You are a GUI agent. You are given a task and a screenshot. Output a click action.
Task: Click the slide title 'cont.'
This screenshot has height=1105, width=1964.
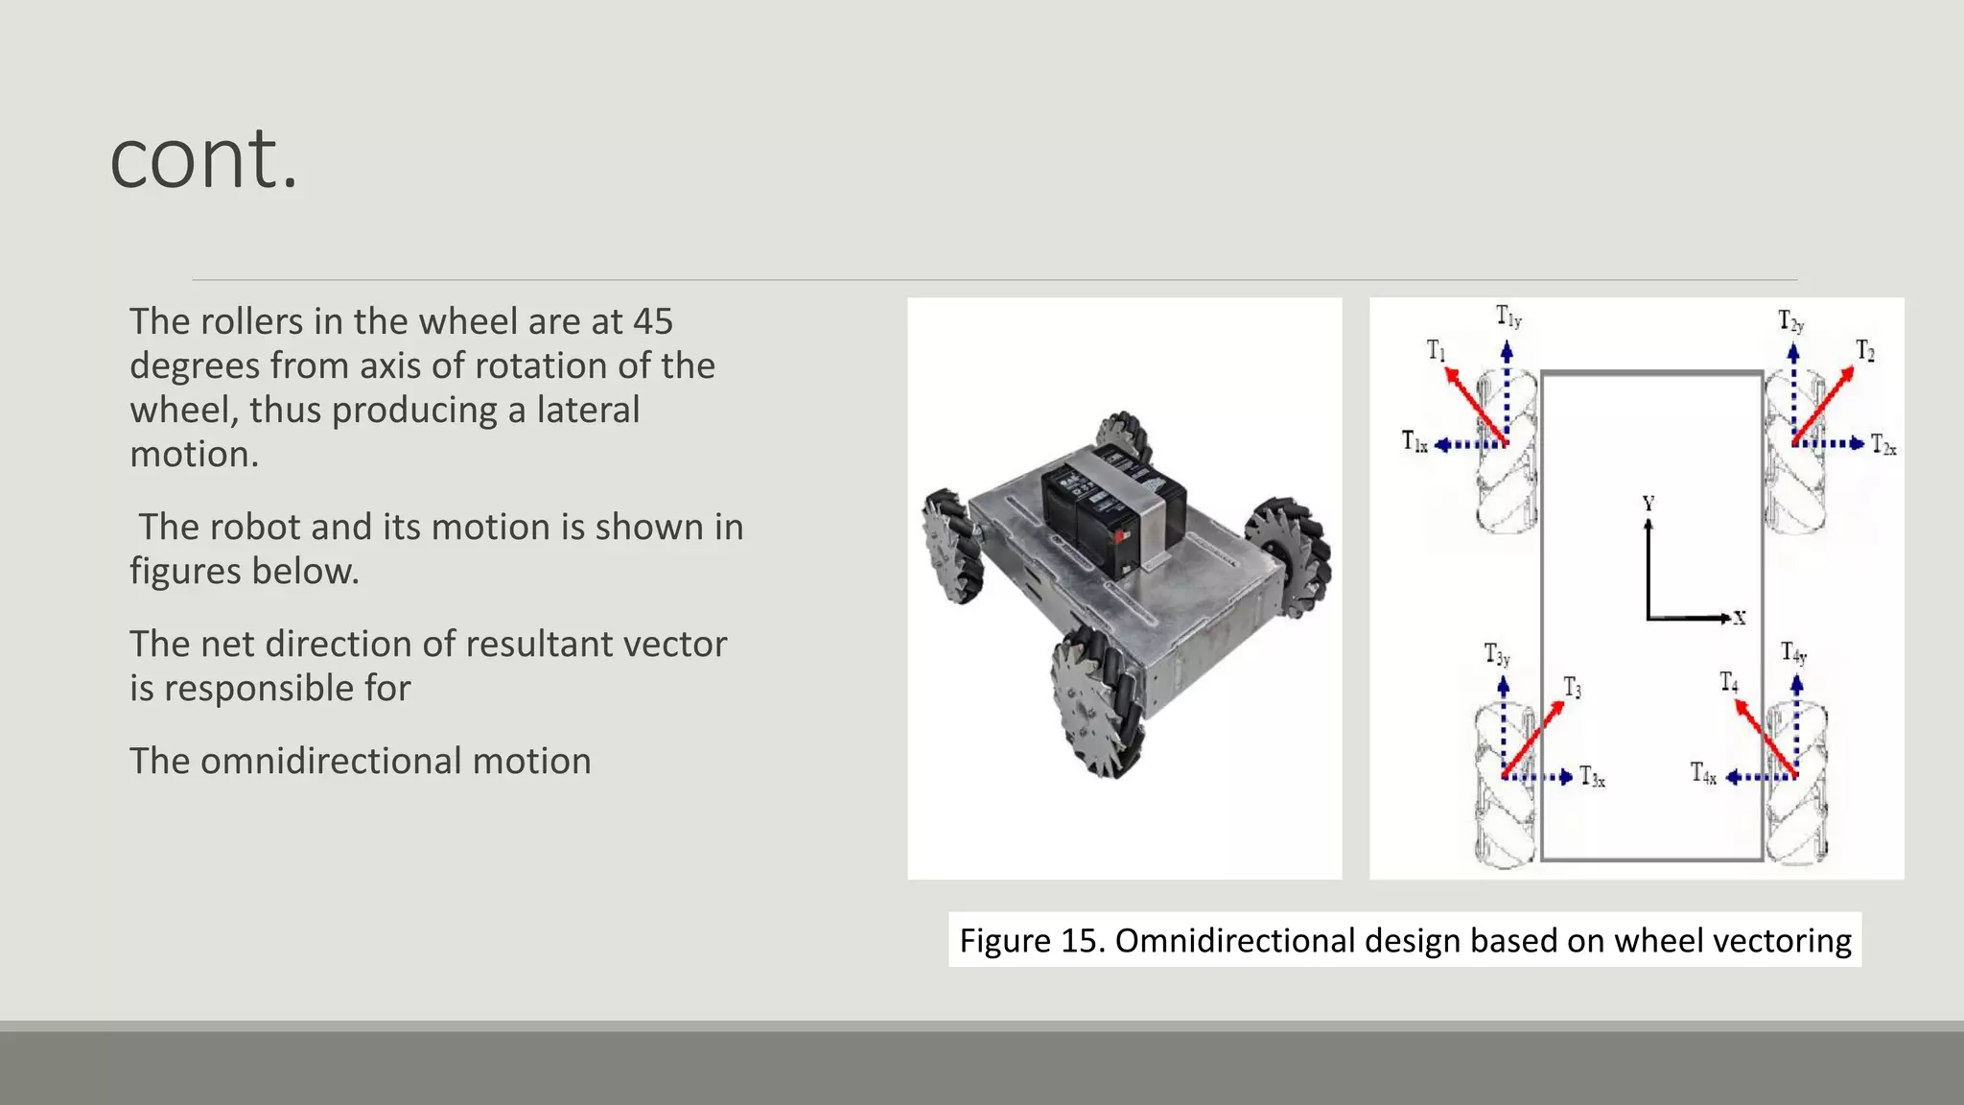[x=204, y=159]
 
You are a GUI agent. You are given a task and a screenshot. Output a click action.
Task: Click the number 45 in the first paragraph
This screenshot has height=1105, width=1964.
[x=652, y=321]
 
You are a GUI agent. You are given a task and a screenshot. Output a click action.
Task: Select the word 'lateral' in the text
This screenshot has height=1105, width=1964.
[x=587, y=410]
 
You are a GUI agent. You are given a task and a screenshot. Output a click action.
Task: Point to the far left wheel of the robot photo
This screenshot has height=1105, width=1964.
[x=952, y=545]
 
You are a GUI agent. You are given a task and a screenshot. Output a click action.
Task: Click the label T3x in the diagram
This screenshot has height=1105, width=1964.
[x=1592, y=776]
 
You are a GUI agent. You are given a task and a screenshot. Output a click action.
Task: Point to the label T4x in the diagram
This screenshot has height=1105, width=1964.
[x=1703, y=773]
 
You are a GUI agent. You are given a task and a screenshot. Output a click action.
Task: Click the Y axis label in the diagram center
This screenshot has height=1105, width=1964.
[x=1648, y=504]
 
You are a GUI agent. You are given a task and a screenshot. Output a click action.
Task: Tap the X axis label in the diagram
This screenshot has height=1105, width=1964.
[x=1740, y=619]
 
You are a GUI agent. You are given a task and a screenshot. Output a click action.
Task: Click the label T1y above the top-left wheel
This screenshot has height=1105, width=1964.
[x=1508, y=317]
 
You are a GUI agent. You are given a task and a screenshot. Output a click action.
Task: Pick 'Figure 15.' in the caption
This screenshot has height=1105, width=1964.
[x=1032, y=940]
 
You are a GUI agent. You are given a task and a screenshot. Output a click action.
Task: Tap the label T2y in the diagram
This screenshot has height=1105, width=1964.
[x=1790, y=321]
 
